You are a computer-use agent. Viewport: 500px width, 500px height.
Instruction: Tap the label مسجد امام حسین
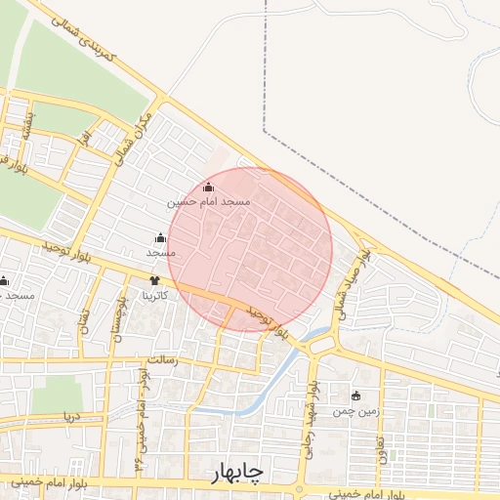click(209, 201)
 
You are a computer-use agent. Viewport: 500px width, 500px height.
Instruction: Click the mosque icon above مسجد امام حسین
click(207, 187)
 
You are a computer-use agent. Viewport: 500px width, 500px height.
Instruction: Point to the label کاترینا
click(155, 294)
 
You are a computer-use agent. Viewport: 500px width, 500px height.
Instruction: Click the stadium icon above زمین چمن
click(355, 396)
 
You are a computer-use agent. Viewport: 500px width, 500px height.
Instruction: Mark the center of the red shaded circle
click(250, 249)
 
